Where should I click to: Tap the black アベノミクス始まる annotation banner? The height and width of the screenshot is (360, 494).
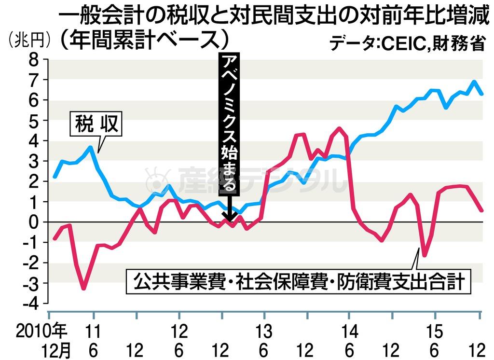[x=229, y=123]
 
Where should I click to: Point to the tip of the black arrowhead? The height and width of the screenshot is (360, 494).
[x=229, y=221]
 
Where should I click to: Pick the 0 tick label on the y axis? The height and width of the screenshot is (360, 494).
[x=33, y=222]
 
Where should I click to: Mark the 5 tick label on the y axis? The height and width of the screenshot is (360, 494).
[x=33, y=121]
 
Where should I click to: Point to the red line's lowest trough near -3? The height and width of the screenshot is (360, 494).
[x=84, y=289]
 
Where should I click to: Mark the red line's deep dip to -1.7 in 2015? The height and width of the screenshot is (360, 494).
[x=425, y=256]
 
